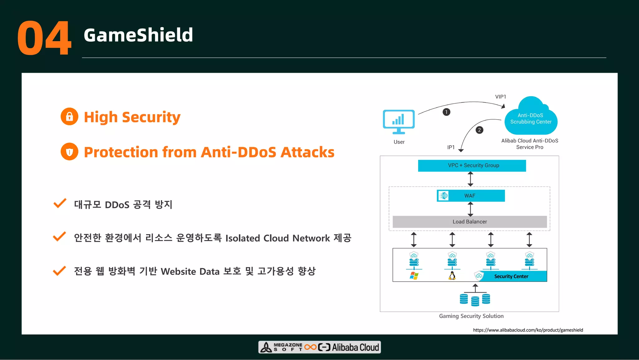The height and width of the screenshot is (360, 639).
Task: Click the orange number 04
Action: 44,38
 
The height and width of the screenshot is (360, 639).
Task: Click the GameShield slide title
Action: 138,35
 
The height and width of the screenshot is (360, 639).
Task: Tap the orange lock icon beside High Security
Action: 69,117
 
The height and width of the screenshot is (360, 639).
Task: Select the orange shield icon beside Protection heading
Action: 69,152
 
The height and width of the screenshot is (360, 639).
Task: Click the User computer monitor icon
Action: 399,121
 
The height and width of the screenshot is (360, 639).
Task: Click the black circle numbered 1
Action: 446,112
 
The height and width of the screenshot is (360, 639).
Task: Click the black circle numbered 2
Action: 479,130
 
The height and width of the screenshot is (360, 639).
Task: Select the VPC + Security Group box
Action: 472,165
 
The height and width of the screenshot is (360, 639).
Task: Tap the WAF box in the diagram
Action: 471,196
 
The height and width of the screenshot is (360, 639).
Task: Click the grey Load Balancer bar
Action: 470,222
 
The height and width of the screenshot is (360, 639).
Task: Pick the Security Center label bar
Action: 511,276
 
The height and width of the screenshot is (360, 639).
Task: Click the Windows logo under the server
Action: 414,276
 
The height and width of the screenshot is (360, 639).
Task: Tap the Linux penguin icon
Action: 452,276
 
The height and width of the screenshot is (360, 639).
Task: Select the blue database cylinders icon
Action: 475,299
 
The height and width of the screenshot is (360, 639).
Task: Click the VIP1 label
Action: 500,97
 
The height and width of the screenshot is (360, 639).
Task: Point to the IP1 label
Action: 451,147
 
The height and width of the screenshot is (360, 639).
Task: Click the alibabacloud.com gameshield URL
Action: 528,330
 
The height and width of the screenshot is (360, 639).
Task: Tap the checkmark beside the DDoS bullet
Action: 60,203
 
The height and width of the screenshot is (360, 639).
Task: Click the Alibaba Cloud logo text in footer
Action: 355,347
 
